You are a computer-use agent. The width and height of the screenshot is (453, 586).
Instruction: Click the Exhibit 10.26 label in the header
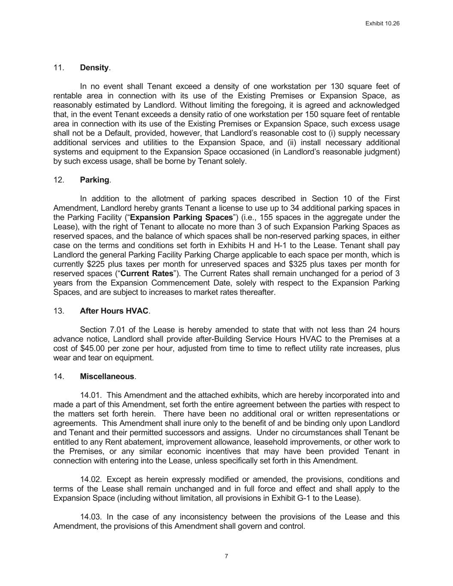tap(382, 24)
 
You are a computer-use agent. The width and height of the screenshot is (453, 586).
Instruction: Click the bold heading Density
tap(94, 68)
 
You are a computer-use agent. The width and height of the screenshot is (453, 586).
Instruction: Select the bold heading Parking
tap(94, 180)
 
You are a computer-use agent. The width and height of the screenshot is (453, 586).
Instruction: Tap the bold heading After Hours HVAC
tap(114, 311)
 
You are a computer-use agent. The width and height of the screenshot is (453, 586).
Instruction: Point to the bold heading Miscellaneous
tap(107, 376)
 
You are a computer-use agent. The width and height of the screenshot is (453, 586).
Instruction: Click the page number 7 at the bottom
tap(226, 556)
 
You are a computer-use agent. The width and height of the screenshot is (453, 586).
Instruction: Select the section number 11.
tap(59, 68)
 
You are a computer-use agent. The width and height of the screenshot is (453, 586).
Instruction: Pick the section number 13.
tap(59, 311)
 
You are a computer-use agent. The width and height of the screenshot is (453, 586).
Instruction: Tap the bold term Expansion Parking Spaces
tap(181, 217)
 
